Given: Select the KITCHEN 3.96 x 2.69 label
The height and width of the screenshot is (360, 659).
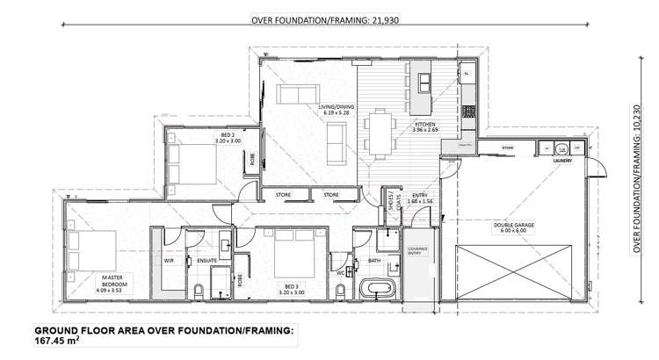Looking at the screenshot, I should click(426, 128).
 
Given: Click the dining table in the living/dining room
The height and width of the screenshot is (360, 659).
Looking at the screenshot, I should click(380, 132).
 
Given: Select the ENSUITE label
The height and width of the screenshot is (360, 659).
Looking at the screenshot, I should click(206, 260).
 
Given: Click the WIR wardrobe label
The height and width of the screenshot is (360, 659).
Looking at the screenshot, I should click(166, 260).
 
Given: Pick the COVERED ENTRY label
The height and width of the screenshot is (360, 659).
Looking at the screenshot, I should click(417, 252).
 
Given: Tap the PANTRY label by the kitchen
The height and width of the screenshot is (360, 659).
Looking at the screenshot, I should click(466, 145).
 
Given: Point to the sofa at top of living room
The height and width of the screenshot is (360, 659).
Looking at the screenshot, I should click(298, 95).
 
